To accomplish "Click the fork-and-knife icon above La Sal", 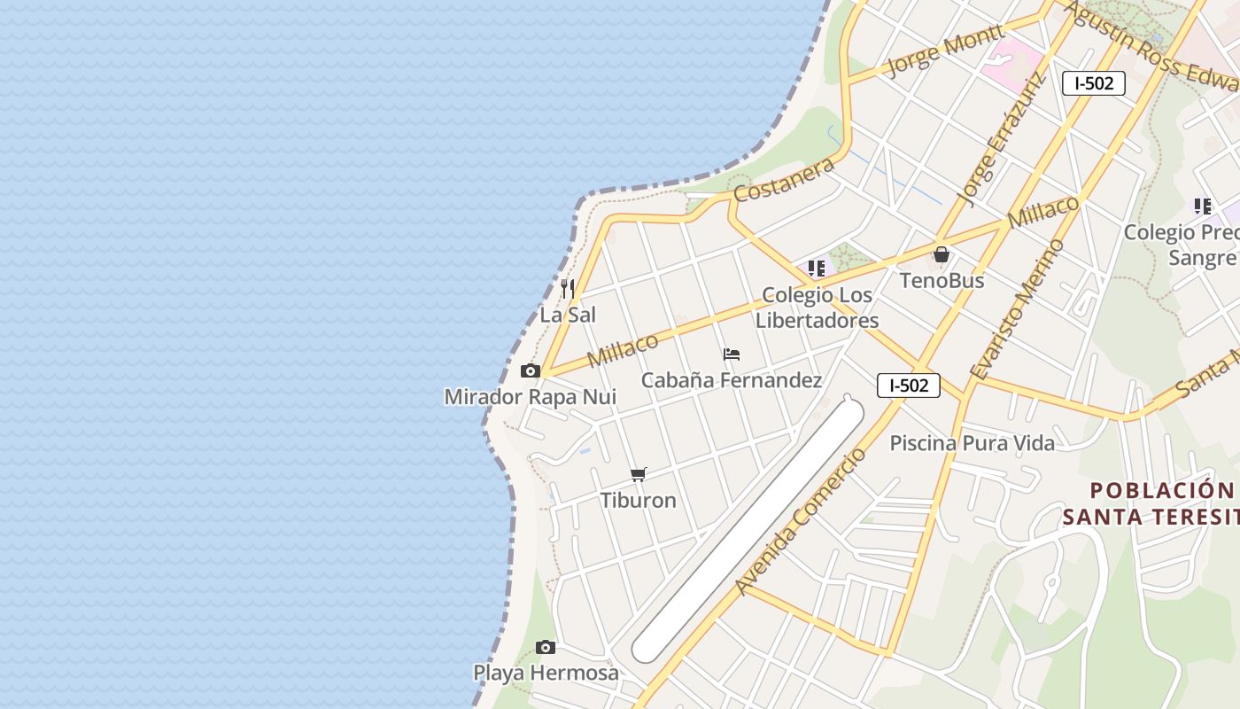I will (x=568, y=289).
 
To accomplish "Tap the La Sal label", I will (x=568, y=315).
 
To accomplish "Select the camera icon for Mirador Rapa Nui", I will (x=531, y=371).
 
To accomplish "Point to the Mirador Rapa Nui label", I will (x=530, y=396).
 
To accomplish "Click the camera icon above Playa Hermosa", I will (x=546, y=648).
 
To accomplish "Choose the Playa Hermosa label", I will (x=546, y=673).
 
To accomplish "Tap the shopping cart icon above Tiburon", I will (x=639, y=475).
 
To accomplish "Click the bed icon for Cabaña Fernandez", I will (x=732, y=354).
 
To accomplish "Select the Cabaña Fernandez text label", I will (x=732, y=380).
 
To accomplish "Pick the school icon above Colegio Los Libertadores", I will (x=817, y=269).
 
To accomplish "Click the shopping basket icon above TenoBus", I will (x=942, y=255).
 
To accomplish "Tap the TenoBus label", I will (x=942, y=281).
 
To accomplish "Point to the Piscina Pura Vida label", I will (x=972, y=443).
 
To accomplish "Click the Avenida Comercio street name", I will (x=802, y=521).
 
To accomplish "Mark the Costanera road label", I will (x=785, y=181).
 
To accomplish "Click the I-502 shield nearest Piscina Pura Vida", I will (x=909, y=386).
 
